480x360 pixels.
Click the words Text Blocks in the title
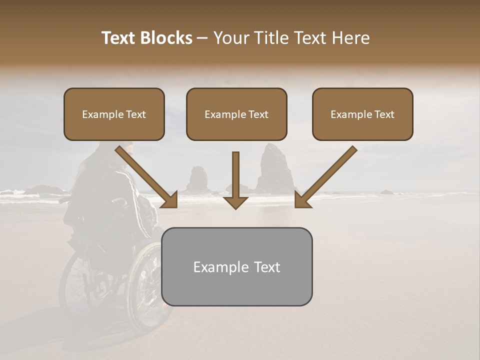coord(146,38)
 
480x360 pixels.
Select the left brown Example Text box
coord(114,114)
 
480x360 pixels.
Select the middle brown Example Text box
coord(236,114)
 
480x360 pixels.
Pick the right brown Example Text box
coord(362,114)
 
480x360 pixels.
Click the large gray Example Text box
coord(236,266)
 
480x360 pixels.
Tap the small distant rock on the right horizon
coord(387,191)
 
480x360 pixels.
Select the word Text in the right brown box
coord(384,114)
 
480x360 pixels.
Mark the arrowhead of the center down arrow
coord(235,202)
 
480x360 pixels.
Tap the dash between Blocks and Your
coord(202,38)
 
